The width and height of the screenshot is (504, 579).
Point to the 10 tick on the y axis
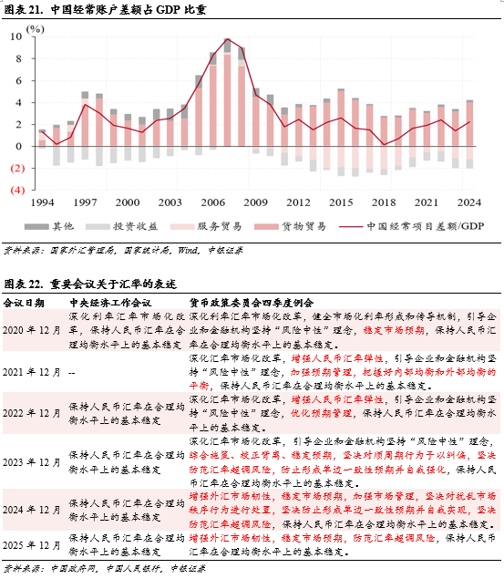15,36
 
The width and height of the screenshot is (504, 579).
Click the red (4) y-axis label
17,191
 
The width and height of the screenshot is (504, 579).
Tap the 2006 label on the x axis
213,202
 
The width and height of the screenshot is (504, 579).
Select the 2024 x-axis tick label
469,202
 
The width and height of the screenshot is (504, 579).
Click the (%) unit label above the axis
35,29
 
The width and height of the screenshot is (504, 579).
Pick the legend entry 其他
49,226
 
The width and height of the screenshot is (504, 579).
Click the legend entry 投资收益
122,226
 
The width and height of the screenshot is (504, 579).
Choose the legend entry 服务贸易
206,226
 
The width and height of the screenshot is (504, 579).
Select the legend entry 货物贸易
290,226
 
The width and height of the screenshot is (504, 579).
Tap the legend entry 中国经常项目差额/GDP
411,226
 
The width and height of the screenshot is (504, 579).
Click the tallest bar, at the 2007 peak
227,92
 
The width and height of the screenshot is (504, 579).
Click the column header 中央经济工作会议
110,303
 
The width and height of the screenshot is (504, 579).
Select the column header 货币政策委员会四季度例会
252,303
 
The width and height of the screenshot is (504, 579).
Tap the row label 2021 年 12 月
31,372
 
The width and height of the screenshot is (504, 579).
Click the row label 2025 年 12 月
31,545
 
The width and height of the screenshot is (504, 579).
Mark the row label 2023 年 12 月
31,462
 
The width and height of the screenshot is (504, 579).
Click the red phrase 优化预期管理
322,413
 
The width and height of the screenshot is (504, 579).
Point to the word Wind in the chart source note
188,251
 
